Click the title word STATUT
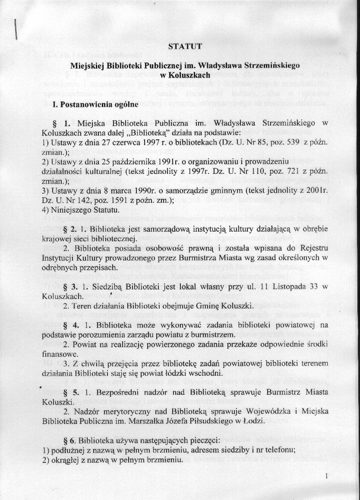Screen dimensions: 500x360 click(x=185, y=47)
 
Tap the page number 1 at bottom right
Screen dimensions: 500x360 click(x=328, y=476)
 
